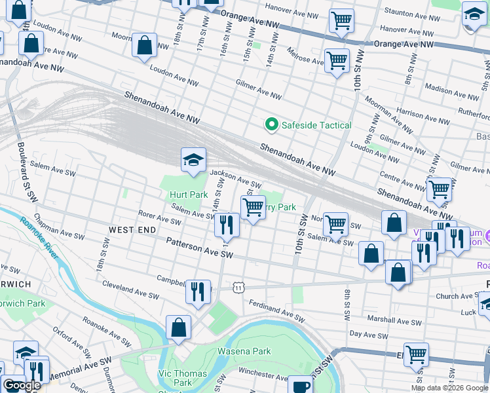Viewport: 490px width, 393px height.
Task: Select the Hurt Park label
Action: point(188,195)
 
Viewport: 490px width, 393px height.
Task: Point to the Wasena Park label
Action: point(249,351)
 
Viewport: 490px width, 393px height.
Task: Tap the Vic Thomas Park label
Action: point(183,378)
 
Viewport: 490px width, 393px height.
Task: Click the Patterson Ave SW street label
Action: point(199,247)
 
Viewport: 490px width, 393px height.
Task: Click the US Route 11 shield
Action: point(240,287)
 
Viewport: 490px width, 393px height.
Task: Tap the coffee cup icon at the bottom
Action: point(301,385)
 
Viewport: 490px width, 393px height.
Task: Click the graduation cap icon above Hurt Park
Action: point(193,159)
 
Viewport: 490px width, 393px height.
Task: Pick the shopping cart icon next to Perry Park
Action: point(253,208)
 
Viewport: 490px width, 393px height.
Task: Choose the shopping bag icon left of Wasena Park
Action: point(178,327)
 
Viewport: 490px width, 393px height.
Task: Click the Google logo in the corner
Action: point(22,385)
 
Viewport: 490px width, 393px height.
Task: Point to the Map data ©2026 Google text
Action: point(449,388)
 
